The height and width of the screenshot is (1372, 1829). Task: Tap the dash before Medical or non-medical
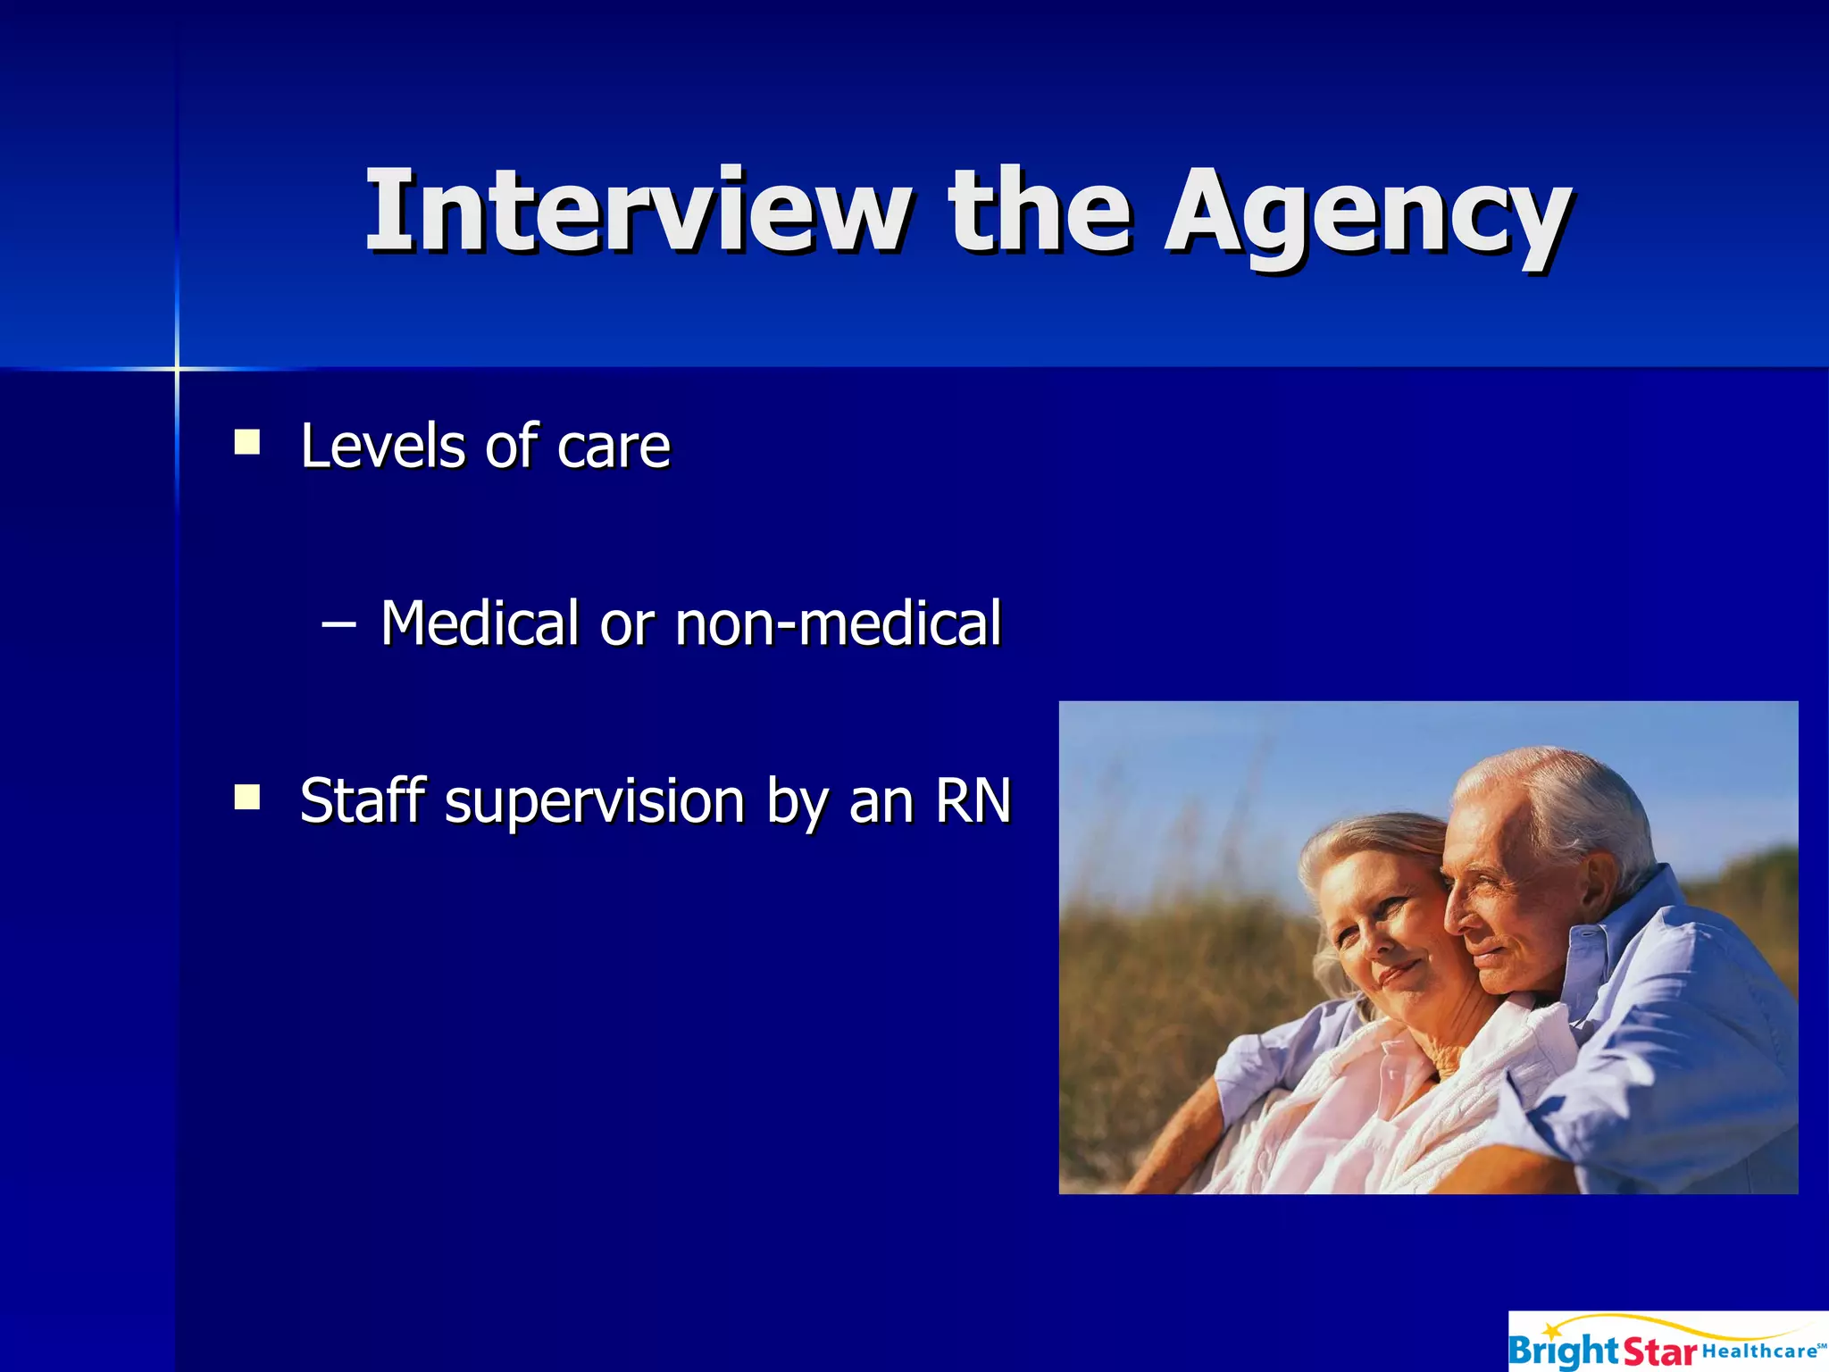click(x=338, y=623)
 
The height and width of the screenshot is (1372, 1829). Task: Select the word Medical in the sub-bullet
click(x=480, y=623)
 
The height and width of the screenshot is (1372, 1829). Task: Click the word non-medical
click(x=838, y=623)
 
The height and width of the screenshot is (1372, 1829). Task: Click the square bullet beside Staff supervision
click(x=246, y=797)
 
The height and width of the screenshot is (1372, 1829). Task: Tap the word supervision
click(x=595, y=802)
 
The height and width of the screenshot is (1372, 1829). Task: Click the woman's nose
click(x=1357, y=947)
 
